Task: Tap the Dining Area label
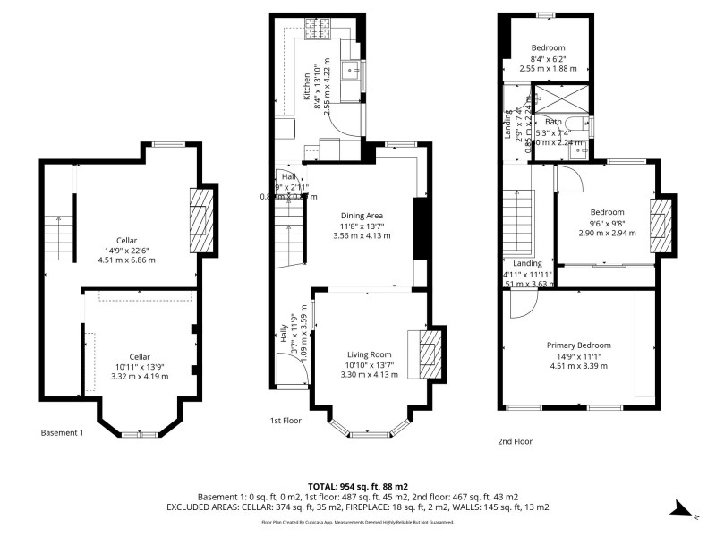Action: (x=362, y=215)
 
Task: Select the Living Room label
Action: (x=370, y=354)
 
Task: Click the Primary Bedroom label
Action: (x=579, y=345)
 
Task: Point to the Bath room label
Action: (x=554, y=122)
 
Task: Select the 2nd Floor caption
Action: (x=515, y=441)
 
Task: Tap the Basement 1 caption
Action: (x=62, y=433)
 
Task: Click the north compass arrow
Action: (x=680, y=509)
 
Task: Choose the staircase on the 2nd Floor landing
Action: (x=518, y=224)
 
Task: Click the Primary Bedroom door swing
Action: (x=522, y=304)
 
